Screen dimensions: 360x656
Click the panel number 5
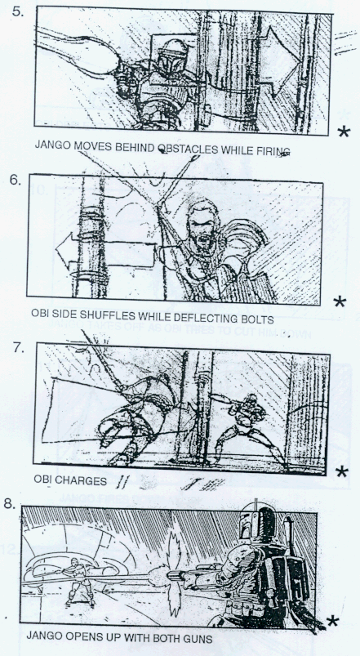click(18, 11)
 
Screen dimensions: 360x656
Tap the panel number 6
click(16, 181)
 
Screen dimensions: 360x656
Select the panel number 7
click(20, 348)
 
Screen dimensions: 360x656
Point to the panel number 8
click(9, 504)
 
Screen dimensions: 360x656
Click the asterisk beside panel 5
click(344, 132)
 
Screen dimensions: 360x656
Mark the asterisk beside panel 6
click(340, 301)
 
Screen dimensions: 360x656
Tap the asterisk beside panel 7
click(341, 472)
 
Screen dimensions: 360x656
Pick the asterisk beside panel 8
click(332, 621)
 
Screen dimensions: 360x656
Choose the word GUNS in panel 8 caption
click(198, 640)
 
